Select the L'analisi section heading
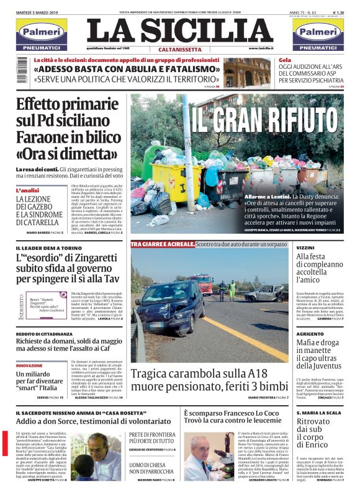pos(28,190)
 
